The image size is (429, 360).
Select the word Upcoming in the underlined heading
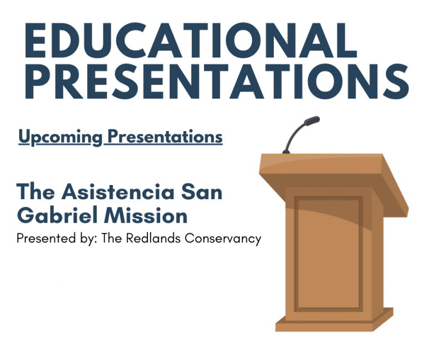[x=60, y=137]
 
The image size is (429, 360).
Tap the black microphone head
[x=311, y=120]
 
